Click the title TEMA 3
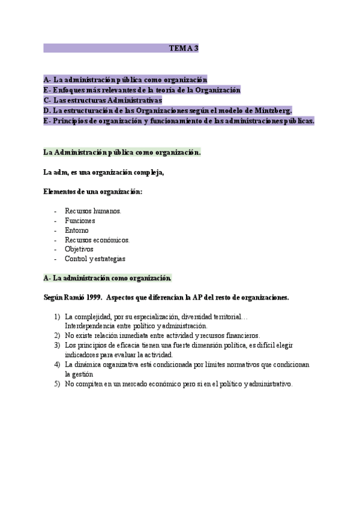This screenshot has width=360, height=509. (x=184, y=48)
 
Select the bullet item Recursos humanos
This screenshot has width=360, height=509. (x=93, y=211)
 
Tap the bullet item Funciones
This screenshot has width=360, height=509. (x=80, y=220)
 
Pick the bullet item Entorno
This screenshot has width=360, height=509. (x=77, y=230)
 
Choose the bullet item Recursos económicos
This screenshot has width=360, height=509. (x=97, y=239)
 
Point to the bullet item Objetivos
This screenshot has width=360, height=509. (x=79, y=249)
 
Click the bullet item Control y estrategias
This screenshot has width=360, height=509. (x=95, y=259)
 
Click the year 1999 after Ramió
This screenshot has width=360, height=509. (x=92, y=297)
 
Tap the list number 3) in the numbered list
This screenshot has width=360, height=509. (x=57, y=345)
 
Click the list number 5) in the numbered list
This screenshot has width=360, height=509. (x=57, y=384)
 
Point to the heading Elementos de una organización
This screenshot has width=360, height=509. (x=93, y=191)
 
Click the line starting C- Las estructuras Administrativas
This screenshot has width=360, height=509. (x=103, y=100)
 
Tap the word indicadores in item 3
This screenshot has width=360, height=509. (x=82, y=355)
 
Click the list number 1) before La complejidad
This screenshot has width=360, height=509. (x=57, y=316)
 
